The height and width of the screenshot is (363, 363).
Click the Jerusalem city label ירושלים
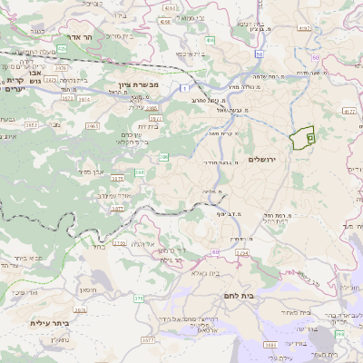284,160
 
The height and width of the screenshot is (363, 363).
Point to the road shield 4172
304,28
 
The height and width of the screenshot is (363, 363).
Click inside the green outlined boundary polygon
299,137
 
